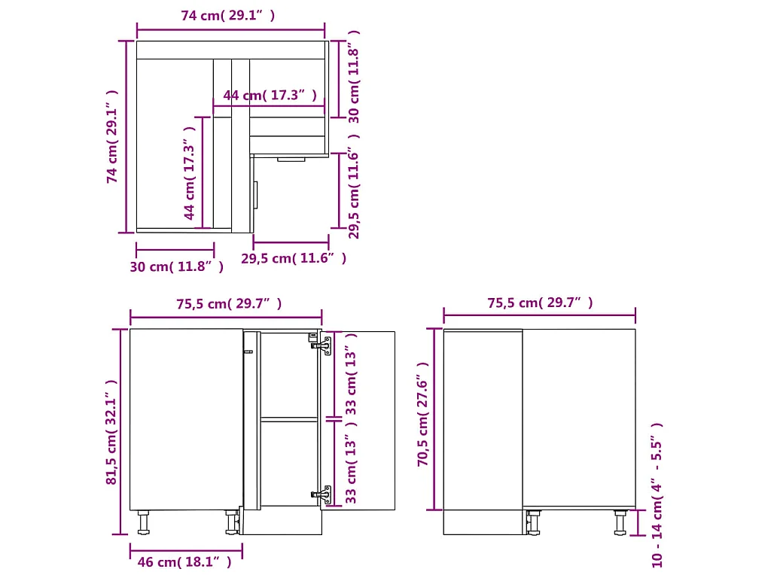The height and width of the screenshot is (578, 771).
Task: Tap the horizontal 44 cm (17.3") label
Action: pyautogui.click(x=269, y=96)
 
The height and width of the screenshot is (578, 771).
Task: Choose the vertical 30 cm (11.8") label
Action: pyautogui.click(x=354, y=76)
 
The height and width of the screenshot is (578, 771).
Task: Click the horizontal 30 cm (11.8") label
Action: pyautogui.click(x=177, y=266)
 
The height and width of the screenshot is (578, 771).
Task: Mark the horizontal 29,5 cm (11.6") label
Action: pyautogui.click(x=294, y=258)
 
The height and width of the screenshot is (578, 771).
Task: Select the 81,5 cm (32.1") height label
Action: pyautogui.click(x=112, y=432)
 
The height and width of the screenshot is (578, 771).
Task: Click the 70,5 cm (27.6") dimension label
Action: pyautogui.click(x=423, y=415)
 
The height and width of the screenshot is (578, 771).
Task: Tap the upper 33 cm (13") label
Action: pyautogui.click(x=352, y=373)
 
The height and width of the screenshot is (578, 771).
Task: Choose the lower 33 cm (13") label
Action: pyautogui.click(x=352, y=469)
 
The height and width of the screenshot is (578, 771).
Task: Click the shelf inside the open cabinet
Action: pyautogui.click(x=289, y=418)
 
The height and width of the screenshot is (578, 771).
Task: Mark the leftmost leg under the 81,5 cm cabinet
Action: pyautogui.click(x=143, y=522)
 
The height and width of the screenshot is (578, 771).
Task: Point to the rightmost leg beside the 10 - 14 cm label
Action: pyautogui.click(x=620, y=522)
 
